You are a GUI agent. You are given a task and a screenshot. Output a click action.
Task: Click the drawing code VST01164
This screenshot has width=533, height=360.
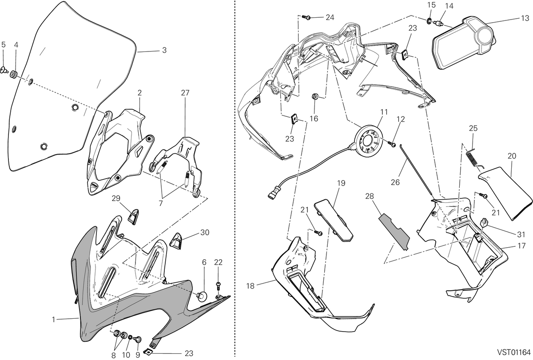coord(513,352)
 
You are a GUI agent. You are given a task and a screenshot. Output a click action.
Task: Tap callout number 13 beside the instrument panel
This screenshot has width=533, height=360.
coord(525,18)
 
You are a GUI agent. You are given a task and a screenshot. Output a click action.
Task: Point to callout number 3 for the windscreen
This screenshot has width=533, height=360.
coord(164,50)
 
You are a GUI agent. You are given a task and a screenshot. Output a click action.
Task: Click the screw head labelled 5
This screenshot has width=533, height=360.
coord(4,70)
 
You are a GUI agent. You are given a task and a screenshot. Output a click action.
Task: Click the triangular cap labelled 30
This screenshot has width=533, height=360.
coord(175,241)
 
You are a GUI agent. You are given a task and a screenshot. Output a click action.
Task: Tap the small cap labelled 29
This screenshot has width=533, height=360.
coord(134,216)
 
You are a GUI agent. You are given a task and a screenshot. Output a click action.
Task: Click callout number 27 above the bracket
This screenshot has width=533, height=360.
coord(185,93)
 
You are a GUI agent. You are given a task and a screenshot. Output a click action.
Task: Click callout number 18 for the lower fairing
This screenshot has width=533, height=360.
coord(251,286)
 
